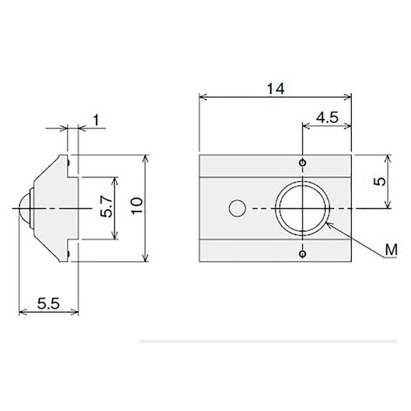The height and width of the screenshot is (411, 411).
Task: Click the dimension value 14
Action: [275, 88]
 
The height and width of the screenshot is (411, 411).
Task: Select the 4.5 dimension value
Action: [326, 118]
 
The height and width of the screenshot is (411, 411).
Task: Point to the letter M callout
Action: [391, 250]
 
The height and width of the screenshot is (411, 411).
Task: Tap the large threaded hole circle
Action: [303, 208]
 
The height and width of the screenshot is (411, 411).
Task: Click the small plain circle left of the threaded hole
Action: [237, 208]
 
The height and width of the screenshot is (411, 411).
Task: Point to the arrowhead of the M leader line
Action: [329, 223]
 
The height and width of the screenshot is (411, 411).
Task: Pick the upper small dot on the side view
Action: [68, 163]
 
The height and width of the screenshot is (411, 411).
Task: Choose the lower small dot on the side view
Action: [68, 253]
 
